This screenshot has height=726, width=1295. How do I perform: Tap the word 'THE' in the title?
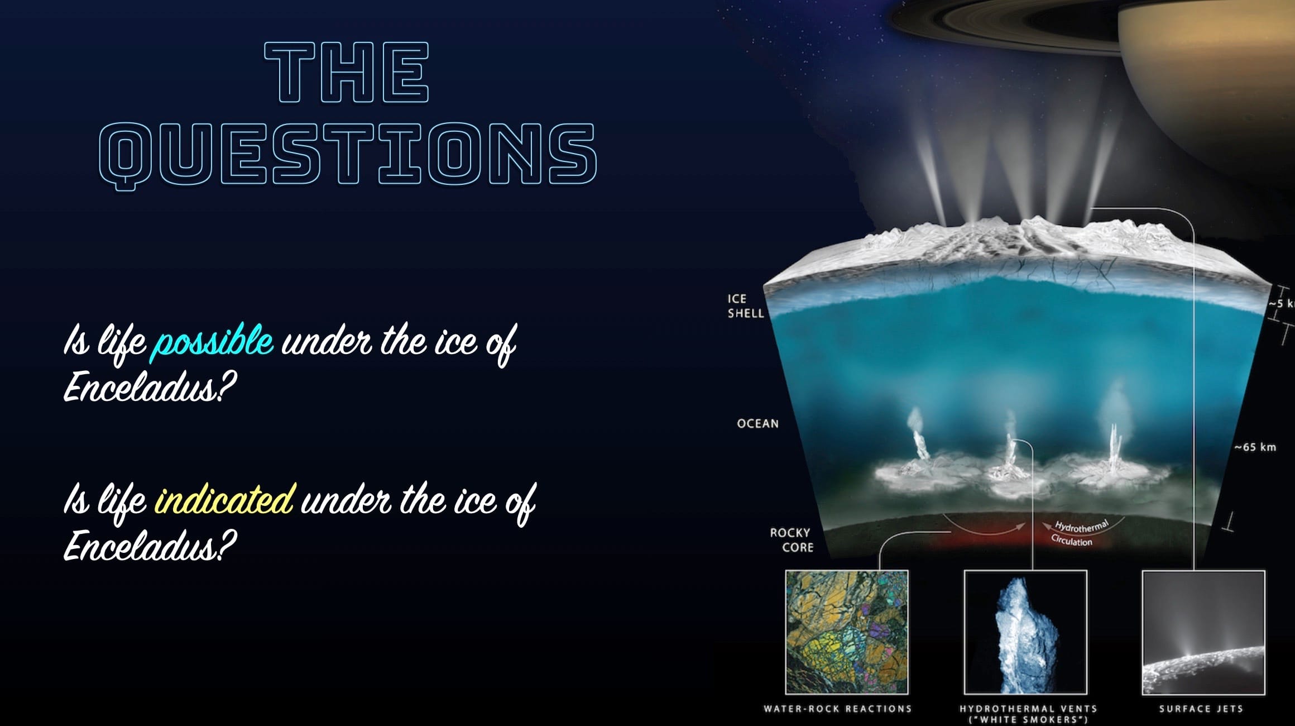[347, 73]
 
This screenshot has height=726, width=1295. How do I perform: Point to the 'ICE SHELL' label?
[745, 306]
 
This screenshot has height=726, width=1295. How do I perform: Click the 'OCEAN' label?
[757, 424]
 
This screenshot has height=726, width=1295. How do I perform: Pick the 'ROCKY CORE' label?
[791, 540]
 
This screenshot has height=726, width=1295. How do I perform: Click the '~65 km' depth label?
[1255, 447]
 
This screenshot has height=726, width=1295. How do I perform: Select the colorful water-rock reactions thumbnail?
[846, 632]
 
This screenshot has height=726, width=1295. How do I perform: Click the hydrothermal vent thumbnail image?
[1025, 632]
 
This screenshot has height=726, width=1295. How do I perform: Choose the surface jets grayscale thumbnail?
[1203, 632]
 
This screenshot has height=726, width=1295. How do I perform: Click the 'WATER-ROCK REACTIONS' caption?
[837, 709]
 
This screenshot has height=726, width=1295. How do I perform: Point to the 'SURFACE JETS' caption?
[1201, 709]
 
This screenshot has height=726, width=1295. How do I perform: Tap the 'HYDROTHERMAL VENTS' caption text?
[1028, 709]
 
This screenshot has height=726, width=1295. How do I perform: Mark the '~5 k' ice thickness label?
[1281, 304]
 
